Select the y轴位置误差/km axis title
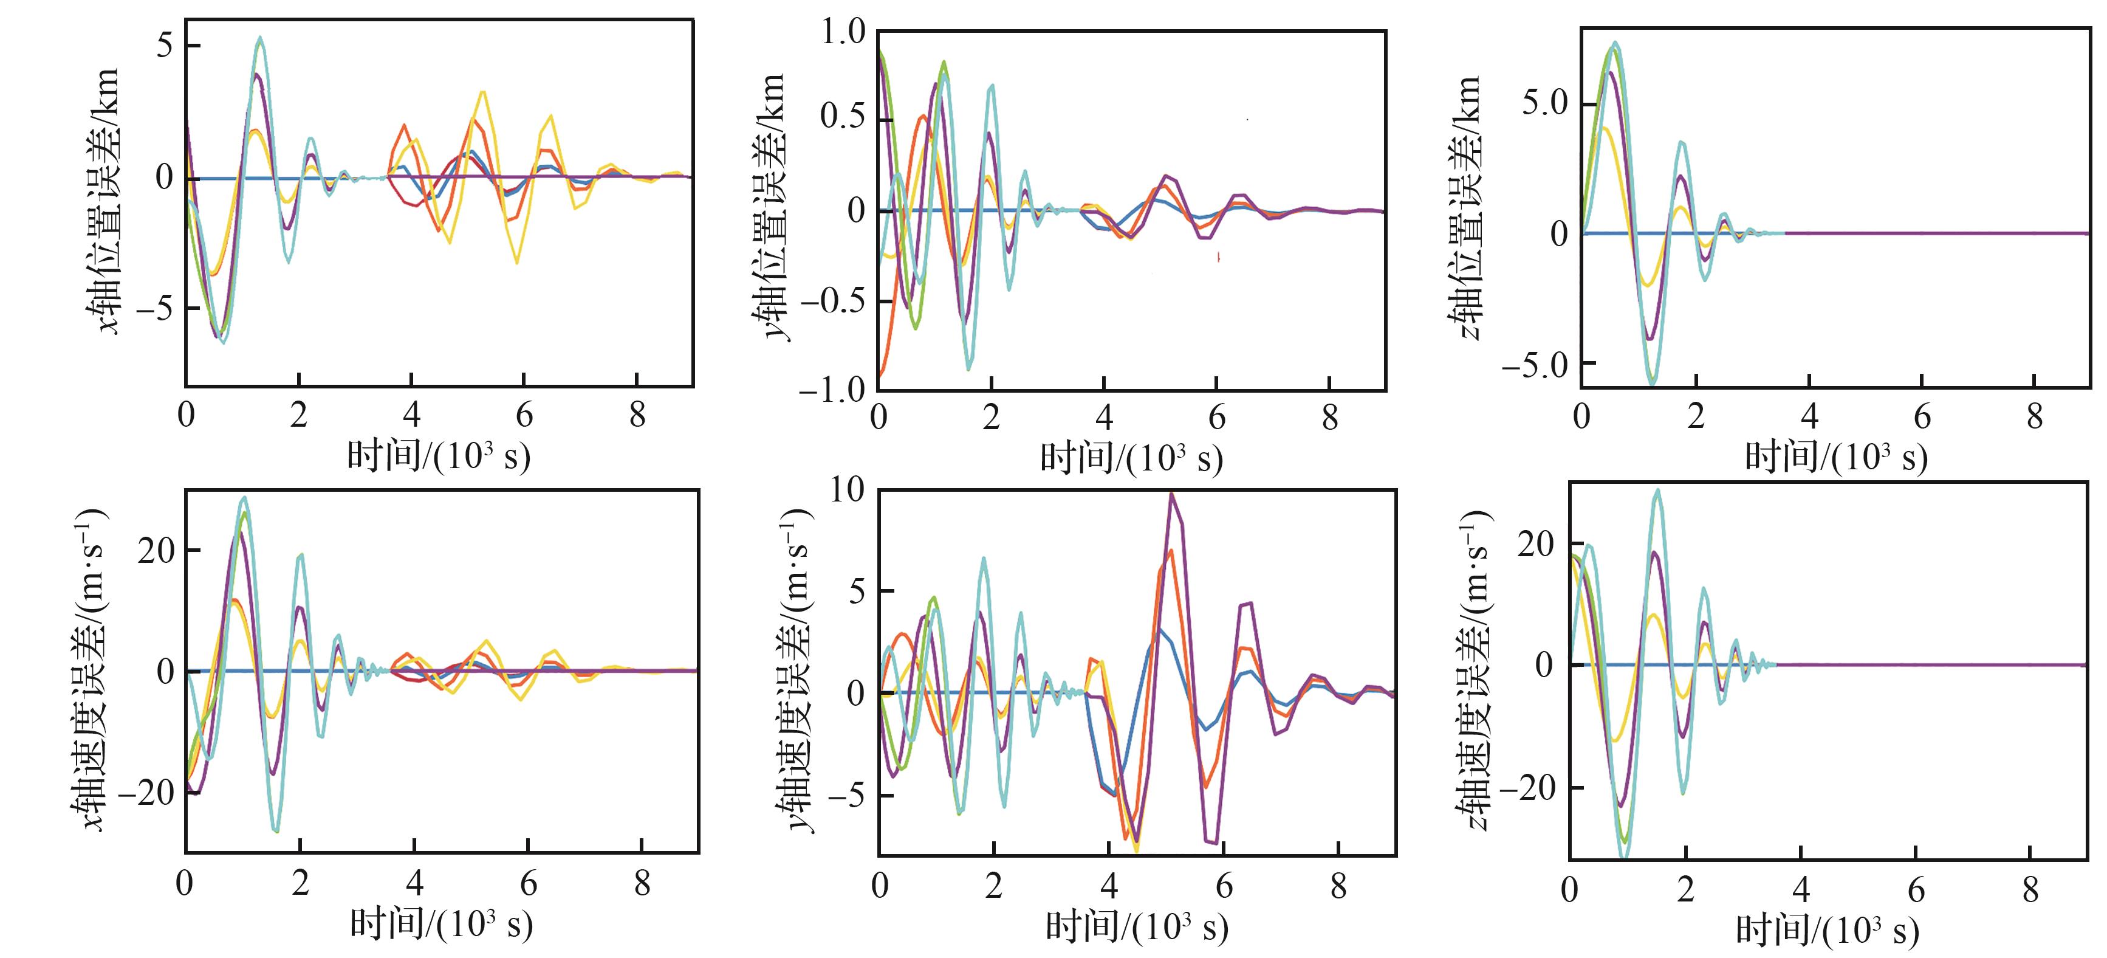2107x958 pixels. click(x=770, y=206)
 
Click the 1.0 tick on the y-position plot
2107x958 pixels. click(x=843, y=33)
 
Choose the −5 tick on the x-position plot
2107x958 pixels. click(x=156, y=308)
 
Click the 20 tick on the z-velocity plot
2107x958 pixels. click(x=1535, y=544)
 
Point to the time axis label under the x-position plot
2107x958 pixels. click(x=439, y=455)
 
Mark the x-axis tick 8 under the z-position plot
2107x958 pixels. click(x=2034, y=417)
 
